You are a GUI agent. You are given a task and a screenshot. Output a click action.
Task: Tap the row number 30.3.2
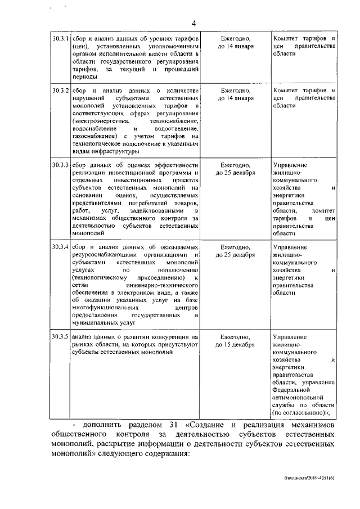[60, 91]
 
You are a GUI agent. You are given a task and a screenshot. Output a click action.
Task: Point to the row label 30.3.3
[60, 164]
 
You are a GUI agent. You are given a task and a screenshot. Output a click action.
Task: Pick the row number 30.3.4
[60, 247]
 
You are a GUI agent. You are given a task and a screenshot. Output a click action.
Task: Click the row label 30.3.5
[60, 336]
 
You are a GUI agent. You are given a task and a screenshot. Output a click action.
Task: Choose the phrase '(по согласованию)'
[299, 412]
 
